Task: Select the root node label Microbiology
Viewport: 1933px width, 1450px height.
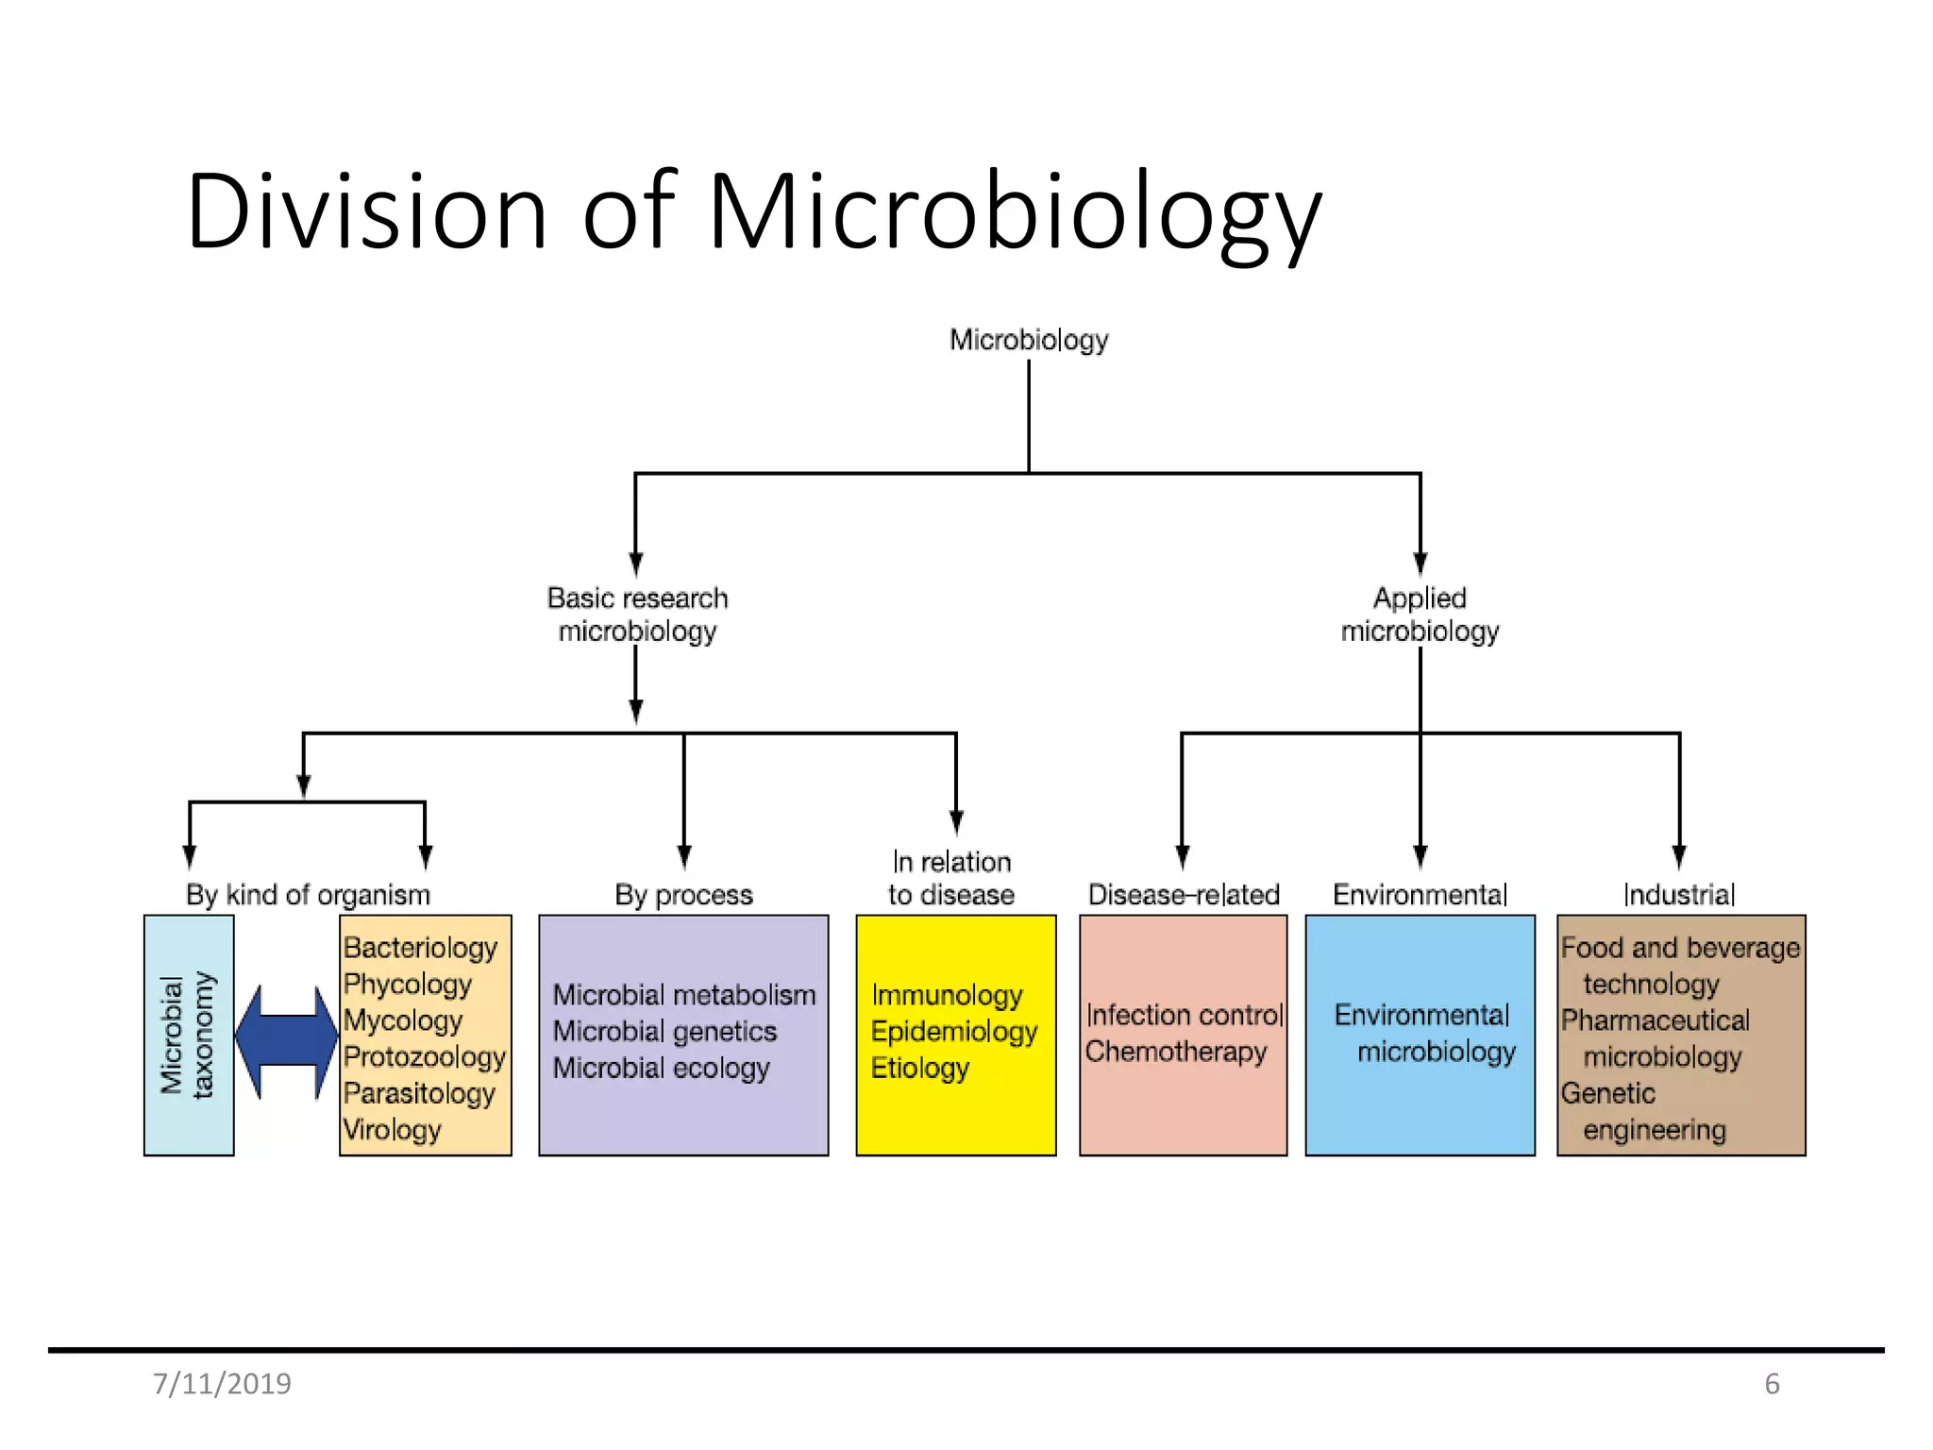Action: (x=1028, y=340)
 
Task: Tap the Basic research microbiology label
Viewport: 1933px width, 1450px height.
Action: (x=637, y=615)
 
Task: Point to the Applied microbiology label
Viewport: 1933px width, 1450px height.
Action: (x=1420, y=615)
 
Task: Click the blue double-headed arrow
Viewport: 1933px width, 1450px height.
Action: (x=286, y=1041)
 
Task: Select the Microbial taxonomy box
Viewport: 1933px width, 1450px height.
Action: (x=189, y=1035)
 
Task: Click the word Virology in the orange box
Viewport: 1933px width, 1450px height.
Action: (x=392, y=1129)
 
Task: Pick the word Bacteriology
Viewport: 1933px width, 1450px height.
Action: (x=420, y=947)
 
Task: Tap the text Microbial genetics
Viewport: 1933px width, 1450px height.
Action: (x=664, y=1031)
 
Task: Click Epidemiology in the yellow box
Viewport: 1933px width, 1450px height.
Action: (x=953, y=1031)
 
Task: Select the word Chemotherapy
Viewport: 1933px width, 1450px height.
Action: (x=1175, y=1051)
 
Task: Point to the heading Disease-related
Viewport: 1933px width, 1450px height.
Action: (x=1184, y=894)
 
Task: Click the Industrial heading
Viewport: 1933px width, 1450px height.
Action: (x=1679, y=894)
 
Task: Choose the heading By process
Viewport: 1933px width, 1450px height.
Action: (x=683, y=894)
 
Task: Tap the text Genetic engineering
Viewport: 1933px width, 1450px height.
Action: (x=1642, y=1111)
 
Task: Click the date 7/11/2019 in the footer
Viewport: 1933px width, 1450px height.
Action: (x=222, y=1384)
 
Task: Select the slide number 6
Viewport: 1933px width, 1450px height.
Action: (x=1772, y=1384)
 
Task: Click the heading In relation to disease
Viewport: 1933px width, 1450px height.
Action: (x=951, y=878)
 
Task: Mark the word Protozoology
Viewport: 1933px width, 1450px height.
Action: (x=424, y=1056)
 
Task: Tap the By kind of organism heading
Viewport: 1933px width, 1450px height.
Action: (x=308, y=894)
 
